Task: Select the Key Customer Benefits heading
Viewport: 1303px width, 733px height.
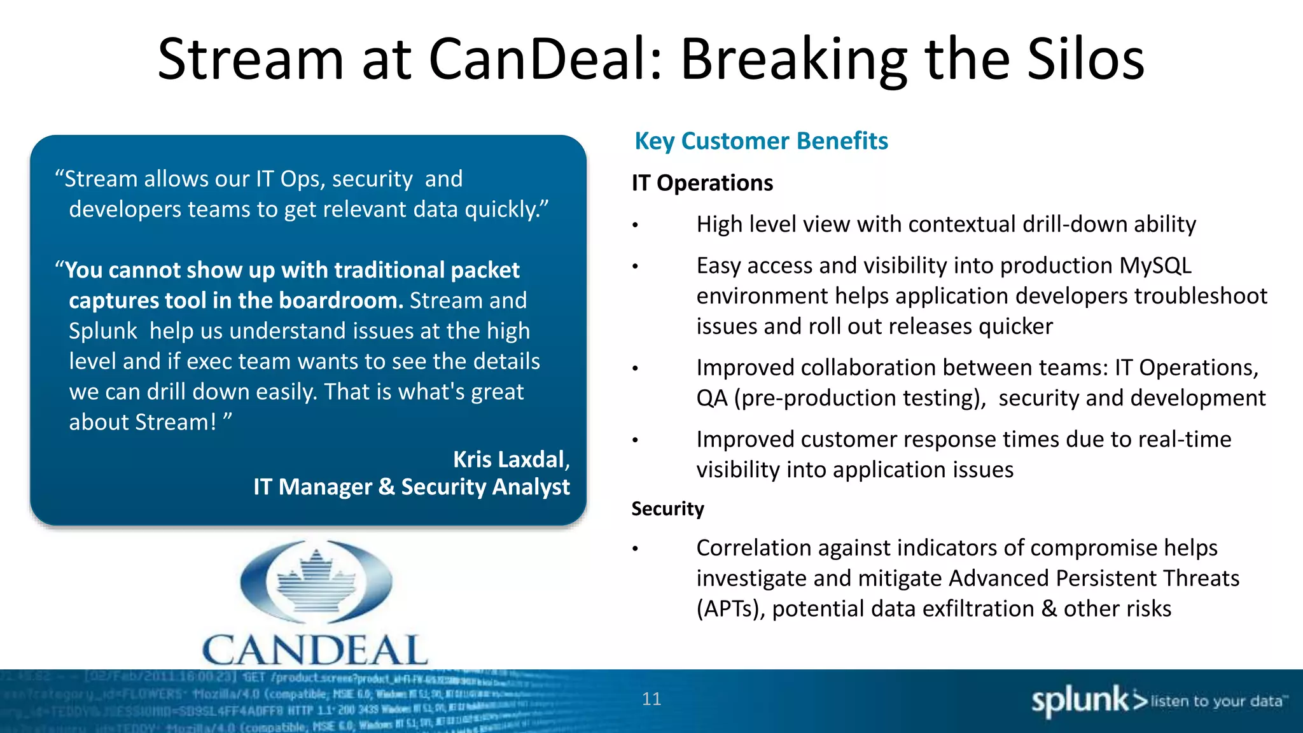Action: pos(761,141)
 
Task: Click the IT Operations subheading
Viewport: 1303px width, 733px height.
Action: pos(702,183)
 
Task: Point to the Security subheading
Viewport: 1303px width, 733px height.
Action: pos(667,509)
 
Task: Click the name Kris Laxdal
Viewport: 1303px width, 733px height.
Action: pos(509,459)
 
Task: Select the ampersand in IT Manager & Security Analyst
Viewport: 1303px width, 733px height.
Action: pos(386,487)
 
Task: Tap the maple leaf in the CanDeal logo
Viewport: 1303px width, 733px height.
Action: pos(316,580)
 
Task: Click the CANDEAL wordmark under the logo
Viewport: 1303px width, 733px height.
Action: pos(315,650)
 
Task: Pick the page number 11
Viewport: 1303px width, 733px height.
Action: pos(651,699)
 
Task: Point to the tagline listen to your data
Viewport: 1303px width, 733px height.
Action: pos(1216,701)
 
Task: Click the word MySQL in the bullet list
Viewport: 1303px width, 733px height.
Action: pos(1155,266)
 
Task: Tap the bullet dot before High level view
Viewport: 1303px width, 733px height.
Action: pos(635,225)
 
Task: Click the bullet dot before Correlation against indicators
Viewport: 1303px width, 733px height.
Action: pos(635,548)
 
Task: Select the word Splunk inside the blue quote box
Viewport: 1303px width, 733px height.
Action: pos(102,332)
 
